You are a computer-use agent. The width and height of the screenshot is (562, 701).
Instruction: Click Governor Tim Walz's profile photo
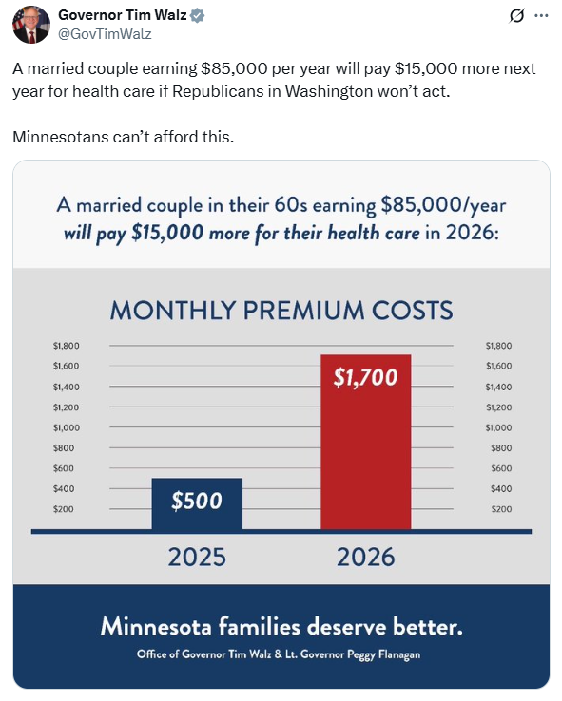(x=30, y=25)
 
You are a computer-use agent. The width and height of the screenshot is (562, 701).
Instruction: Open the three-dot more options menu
(x=541, y=16)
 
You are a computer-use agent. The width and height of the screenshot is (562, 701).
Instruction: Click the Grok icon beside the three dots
(x=518, y=16)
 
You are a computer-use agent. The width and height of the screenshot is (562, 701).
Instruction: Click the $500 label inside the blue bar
(x=197, y=502)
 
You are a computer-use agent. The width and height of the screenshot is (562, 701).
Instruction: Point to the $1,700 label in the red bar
(x=366, y=377)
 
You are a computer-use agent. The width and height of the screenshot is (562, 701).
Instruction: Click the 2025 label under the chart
(x=197, y=557)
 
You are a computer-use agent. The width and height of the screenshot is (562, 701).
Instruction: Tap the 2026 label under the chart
(x=366, y=557)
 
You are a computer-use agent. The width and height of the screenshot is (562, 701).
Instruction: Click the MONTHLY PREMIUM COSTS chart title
(x=281, y=311)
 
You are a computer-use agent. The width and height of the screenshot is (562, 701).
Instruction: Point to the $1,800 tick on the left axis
(x=67, y=346)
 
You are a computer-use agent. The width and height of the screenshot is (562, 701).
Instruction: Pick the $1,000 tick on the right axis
(x=498, y=427)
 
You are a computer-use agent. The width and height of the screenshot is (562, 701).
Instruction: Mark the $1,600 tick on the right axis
(x=498, y=366)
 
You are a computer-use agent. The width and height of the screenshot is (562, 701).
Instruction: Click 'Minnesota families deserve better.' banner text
(x=281, y=627)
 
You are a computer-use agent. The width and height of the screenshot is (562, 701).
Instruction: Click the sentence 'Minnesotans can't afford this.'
(x=123, y=137)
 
